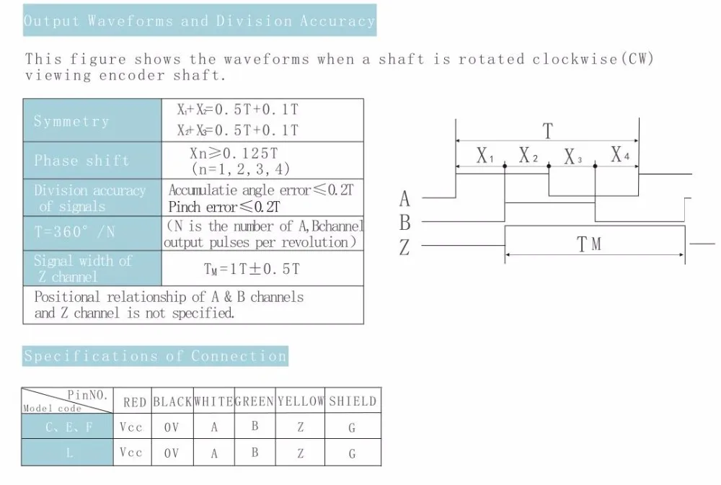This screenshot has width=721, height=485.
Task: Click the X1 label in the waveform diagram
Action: click(x=485, y=155)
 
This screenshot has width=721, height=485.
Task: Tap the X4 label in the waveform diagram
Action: click(x=619, y=154)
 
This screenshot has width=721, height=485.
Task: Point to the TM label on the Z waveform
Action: click(x=589, y=245)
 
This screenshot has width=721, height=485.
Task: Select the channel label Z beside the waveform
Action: click(x=404, y=248)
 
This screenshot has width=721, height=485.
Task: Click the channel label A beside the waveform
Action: click(x=404, y=198)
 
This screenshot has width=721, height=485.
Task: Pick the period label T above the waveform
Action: click(x=548, y=131)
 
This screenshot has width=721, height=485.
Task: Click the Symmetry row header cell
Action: click(x=92, y=120)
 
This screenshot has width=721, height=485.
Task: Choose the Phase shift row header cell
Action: click(x=92, y=160)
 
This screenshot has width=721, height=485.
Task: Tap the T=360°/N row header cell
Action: click(x=92, y=233)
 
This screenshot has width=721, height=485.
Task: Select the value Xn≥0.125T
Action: click(x=234, y=153)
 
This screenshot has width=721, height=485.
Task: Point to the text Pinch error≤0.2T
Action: click(x=224, y=208)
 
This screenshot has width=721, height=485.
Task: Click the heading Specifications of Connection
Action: click(x=156, y=356)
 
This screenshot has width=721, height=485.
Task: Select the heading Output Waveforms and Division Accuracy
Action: click(x=200, y=21)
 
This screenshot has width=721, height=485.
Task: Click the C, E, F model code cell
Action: click(x=69, y=427)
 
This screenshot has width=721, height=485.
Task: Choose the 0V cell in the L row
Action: click(x=172, y=453)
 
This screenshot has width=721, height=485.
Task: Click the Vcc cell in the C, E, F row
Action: click(x=131, y=427)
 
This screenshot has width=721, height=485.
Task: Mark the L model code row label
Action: click(x=69, y=453)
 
